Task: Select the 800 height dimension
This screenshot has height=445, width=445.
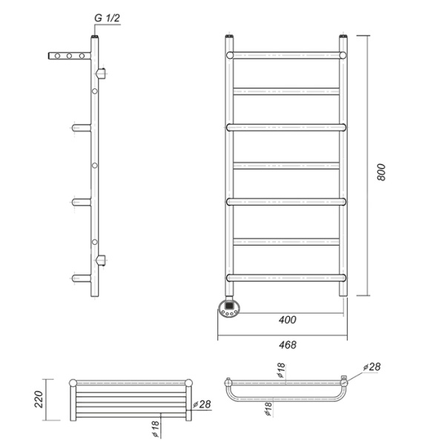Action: pyautogui.click(x=381, y=172)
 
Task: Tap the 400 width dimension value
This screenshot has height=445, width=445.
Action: pyautogui.click(x=288, y=320)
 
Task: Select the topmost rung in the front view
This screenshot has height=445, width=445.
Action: pyautogui.click(x=286, y=55)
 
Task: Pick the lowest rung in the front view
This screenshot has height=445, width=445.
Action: pyautogui.click(x=286, y=277)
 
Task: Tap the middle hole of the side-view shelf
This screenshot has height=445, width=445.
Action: pyautogui.click(x=68, y=56)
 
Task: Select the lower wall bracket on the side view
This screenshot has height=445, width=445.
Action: pyautogui.click(x=102, y=260)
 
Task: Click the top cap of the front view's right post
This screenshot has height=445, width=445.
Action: pyautogui.click(x=343, y=36)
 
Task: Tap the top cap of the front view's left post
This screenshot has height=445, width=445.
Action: pyautogui.click(x=229, y=36)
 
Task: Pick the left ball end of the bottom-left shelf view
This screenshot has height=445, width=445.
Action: pyautogui.click(x=72, y=383)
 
